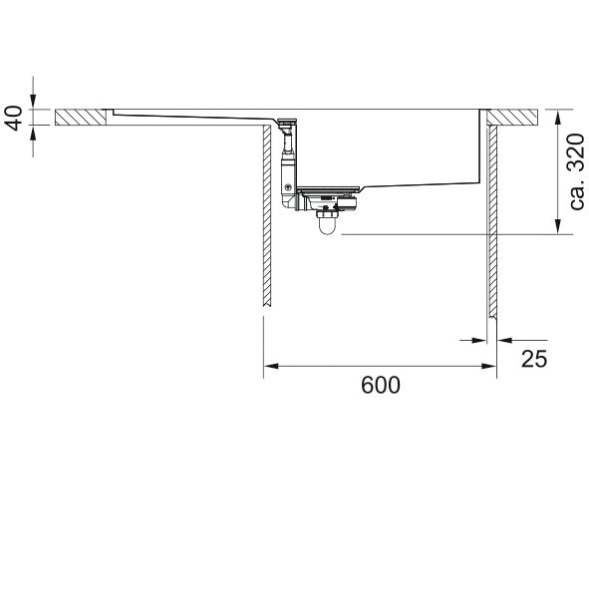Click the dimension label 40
(x=15, y=119)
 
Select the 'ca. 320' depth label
(x=577, y=171)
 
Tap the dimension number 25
(x=534, y=359)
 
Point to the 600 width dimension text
(x=381, y=385)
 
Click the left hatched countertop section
(x=81, y=118)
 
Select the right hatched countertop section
(x=513, y=118)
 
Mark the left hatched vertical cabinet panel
(x=267, y=216)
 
